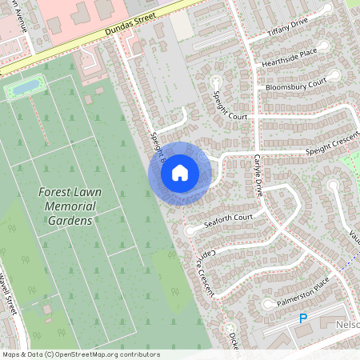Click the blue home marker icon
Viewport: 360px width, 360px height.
coord(179,173)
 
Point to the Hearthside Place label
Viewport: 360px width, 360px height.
coord(286,58)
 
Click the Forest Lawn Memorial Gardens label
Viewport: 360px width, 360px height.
coord(66,206)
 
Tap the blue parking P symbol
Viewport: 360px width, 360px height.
coord(303,318)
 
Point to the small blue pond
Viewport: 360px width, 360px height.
coord(26,86)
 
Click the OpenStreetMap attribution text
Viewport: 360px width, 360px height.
coord(81,354)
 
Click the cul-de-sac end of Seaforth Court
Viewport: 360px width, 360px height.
coord(190,231)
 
